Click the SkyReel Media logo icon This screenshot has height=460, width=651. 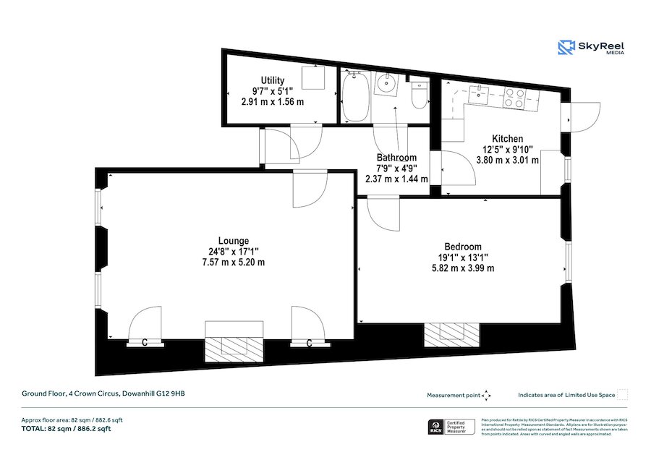566,48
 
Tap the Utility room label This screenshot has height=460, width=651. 273,80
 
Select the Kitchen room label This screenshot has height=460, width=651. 507,139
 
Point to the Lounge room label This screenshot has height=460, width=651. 233,241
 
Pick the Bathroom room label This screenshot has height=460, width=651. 396,158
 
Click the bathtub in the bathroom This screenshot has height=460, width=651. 354,98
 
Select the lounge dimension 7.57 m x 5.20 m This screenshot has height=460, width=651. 233,262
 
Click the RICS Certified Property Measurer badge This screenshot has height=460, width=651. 452,427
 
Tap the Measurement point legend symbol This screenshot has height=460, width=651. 487,395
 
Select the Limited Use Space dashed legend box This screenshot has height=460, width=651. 623,394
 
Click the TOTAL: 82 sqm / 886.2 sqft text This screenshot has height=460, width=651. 66,429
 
